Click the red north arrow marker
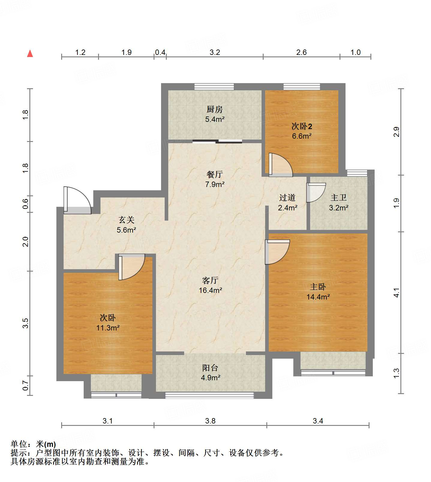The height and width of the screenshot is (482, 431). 30,53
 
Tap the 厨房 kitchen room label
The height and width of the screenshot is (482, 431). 214,110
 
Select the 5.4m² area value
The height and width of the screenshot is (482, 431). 215,119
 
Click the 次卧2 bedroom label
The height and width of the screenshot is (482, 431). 302,126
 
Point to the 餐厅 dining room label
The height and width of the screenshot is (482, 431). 214,174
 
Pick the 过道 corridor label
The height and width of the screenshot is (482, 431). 287,197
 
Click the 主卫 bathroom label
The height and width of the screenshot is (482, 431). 339,197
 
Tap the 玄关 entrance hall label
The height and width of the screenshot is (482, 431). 126,220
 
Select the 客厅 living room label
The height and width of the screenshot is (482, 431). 210,280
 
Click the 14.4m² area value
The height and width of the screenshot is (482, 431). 318,297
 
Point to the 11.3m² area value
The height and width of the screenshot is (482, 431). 108,328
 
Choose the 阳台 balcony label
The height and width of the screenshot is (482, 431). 210,368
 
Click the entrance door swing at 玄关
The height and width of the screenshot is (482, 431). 77,200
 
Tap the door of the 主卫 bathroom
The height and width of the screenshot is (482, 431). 316,192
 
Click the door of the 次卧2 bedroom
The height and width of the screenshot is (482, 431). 280,165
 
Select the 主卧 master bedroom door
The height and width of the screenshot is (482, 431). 277,252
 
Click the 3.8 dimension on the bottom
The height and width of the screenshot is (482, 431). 210,421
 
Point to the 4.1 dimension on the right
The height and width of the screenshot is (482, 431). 397,292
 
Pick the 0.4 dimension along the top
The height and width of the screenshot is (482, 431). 160,52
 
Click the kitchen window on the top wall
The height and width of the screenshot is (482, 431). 214,86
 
